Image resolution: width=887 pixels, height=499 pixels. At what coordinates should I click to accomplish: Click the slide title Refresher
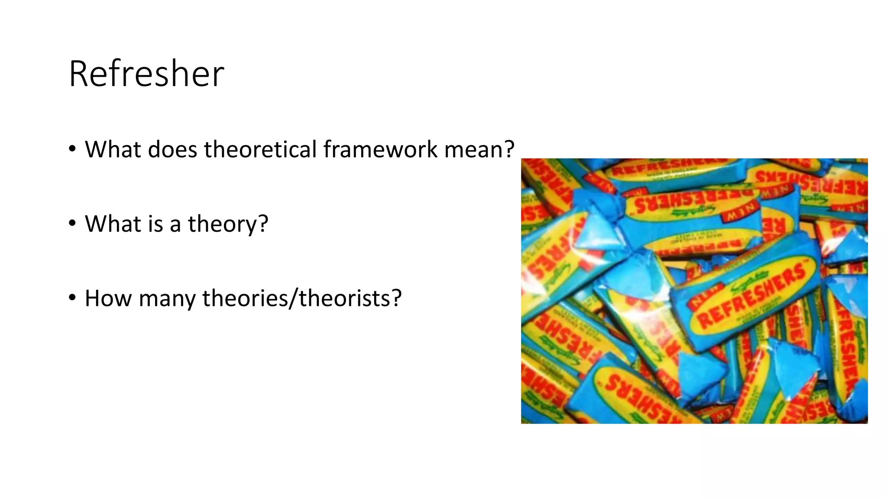point(146,74)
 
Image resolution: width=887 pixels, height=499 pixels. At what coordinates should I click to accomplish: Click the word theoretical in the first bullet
point(261,149)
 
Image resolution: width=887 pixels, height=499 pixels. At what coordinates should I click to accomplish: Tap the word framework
point(380,149)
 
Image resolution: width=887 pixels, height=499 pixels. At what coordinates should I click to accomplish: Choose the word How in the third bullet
point(108,298)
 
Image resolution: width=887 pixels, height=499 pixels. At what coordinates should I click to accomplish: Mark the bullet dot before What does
point(72,149)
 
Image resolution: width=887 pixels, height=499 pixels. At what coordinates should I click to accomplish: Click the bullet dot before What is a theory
point(72,224)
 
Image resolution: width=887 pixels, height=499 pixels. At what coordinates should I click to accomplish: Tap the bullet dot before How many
point(72,298)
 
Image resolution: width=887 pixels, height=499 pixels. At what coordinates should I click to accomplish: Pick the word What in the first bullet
point(113,149)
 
